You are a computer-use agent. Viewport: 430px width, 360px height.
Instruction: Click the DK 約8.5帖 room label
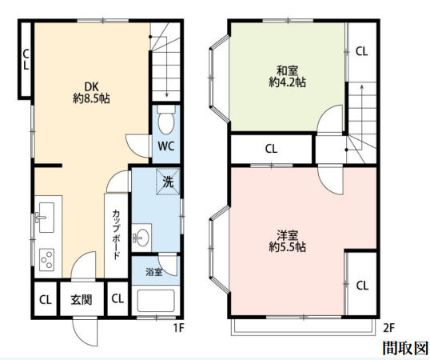tap(91, 93)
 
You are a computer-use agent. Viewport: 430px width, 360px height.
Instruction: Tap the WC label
tap(166, 146)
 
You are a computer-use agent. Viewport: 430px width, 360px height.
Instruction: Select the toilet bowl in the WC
tap(166, 120)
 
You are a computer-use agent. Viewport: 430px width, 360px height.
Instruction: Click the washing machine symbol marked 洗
tap(168, 182)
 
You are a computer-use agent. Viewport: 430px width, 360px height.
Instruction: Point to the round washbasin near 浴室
tap(142, 236)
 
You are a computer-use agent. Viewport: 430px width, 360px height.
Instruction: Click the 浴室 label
tap(154, 272)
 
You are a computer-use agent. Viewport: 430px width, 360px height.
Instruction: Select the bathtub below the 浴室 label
tap(156, 301)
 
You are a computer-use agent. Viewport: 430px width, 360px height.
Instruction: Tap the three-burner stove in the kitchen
tap(47, 259)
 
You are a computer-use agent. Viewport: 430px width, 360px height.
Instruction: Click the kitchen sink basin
tap(46, 218)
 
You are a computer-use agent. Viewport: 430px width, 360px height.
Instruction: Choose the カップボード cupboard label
tap(116, 234)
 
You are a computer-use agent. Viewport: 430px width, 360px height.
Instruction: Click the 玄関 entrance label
tap(82, 300)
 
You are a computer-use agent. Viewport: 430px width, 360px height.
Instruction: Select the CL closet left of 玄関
tap(46, 300)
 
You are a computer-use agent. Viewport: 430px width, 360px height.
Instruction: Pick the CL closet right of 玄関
tap(117, 298)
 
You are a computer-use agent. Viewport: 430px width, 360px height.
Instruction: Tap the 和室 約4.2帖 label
tap(287, 76)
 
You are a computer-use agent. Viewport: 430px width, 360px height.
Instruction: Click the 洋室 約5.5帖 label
tap(287, 241)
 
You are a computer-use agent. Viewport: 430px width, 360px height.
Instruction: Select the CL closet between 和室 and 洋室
tap(271, 149)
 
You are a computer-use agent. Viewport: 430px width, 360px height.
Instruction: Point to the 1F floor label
tap(179, 328)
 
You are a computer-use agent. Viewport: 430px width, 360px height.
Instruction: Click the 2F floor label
tap(388, 328)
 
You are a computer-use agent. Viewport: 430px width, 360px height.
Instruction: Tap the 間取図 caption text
tap(405, 348)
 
